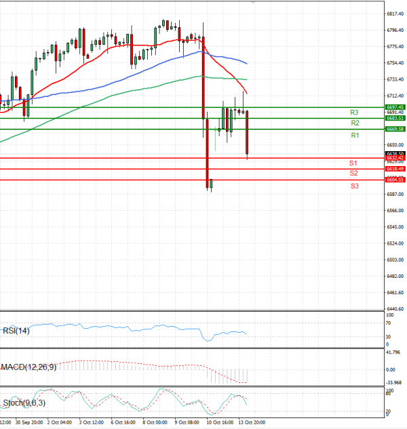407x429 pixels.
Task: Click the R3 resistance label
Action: coord(354,112)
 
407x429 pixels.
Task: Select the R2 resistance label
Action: coord(354,123)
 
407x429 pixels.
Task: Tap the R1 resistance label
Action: coord(354,136)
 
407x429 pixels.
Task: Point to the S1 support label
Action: coord(353,163)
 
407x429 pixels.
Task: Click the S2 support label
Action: coord(353,173)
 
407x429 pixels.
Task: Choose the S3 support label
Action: coord(354,185)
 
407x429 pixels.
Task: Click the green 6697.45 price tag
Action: coord(395,107)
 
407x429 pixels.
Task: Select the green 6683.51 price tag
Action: coord(395,118)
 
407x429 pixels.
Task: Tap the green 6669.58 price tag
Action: coord(395,129)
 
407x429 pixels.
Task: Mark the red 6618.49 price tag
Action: coord(395,168)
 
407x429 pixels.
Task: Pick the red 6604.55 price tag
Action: coord(395,180)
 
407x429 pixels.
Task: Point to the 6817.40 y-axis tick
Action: coord(395,14)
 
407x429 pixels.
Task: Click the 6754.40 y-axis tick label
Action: coord(395,63)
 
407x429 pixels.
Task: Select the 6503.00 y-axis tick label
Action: coord(395,260)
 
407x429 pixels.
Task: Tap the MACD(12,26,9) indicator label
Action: coord(28,367)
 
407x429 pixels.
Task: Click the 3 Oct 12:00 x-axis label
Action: coord(92,422)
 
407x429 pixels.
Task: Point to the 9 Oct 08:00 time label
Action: coord(186,422)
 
